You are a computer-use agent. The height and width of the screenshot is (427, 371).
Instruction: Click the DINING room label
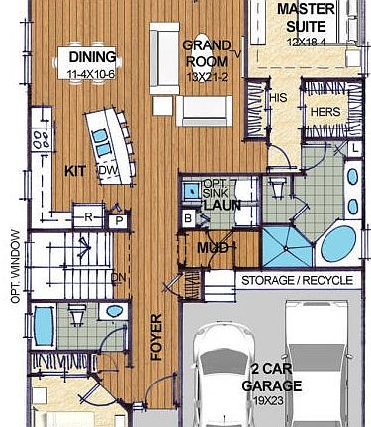pyautogui.click(x=92, y=57)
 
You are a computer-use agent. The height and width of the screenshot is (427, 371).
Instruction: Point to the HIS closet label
pyautogui.click(x=278, y=98)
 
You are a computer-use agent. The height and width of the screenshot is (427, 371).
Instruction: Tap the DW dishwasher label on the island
pyautogui.click(x=107, y=171)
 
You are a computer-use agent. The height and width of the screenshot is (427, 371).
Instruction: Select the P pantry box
pyautogui.click(x=118, y=221)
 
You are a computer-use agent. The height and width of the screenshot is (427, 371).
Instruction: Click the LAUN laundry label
pyautogui.click(x=223, y=205)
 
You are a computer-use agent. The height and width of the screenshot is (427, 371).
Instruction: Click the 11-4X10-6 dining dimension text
pyautogui.click(x=92, y=74)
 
